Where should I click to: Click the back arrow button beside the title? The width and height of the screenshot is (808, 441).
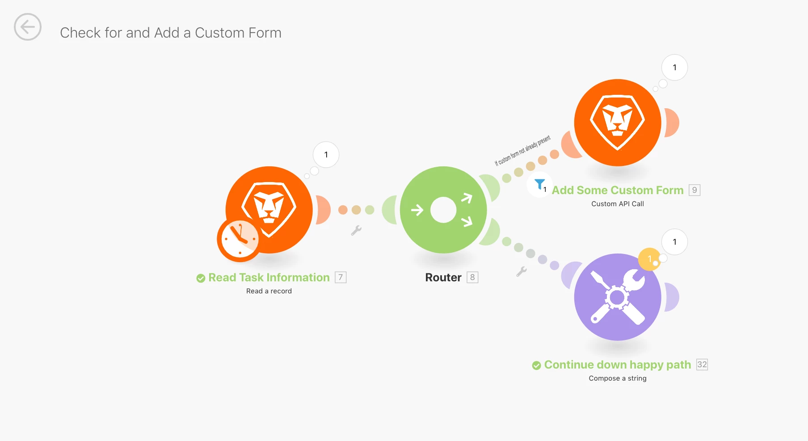pyautogui.click(x=28, y=27)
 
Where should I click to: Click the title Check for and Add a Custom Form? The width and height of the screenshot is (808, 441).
pyautogui.click(x=170, y=33)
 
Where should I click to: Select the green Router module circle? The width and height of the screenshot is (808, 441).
pyautogui.click(x=443, y=210)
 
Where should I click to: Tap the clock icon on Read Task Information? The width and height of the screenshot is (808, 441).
pyautogui.click(x=239, y=240)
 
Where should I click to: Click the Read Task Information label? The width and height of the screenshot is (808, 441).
pyautogui.click(x=269, y=278)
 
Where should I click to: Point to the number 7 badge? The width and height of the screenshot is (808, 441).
pyautogui.click(x=341, y=278)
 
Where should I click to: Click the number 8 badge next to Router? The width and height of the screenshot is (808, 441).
pyautogui.click(x=472, y=278)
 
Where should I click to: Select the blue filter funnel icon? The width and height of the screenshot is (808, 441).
pyautogui.click(x=539, y=184)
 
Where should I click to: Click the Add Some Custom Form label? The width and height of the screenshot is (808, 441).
pyautogui.click(x=617, y=191)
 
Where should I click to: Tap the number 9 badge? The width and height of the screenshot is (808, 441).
pyautogui.click(x=694, y=191)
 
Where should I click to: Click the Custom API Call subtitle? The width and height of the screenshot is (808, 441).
pyautogui.click(x=617, y=204)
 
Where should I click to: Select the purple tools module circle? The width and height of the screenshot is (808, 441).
pyautogui.click(x=617, y=297)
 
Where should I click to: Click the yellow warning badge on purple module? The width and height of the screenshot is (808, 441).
pyautogui.click(x=649, y=259)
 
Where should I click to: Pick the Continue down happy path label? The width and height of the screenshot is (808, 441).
pyautogui.click(x=617, y=365)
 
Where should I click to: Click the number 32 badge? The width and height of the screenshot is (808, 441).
pyautogui.click(x=702, y=365)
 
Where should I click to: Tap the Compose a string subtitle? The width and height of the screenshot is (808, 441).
pyautogui.click(x=617, y=378)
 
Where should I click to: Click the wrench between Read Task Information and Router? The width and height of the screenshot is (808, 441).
pyautogui.click(x=356, y=230)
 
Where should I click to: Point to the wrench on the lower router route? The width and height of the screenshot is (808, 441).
pyautogui.click(x=521, y=271)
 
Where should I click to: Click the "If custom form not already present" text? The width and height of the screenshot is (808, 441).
pyautogui.click(x=522, y=151)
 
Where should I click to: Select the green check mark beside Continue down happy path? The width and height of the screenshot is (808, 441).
pyautogui.click(x=536, y=365)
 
